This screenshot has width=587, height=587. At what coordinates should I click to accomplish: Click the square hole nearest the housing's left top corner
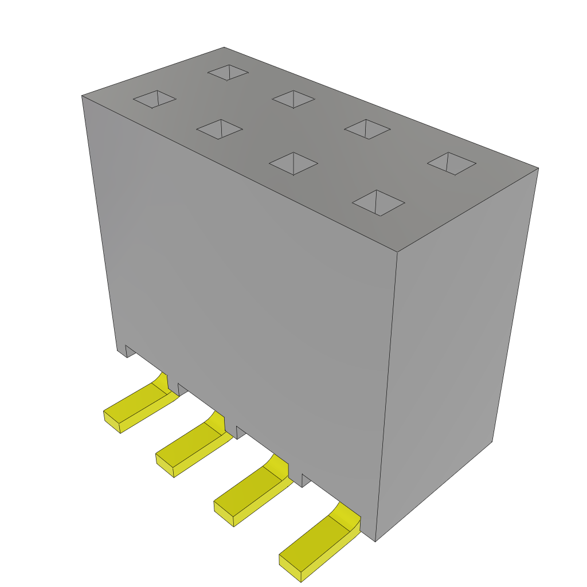155,99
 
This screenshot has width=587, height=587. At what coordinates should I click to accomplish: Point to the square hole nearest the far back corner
228,72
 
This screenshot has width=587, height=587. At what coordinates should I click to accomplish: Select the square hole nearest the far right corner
452,163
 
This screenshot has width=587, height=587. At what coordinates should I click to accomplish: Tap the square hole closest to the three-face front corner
378,203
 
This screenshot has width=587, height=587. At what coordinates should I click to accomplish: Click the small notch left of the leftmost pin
130,350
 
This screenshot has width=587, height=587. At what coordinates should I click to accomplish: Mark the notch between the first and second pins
182,389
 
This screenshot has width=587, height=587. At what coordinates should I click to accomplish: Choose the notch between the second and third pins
241,432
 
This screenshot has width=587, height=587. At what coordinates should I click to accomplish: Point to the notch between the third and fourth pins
306,480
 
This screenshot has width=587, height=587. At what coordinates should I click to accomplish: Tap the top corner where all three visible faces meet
397,252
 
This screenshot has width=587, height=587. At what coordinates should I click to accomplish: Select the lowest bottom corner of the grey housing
375,541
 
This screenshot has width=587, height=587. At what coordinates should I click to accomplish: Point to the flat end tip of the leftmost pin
112,420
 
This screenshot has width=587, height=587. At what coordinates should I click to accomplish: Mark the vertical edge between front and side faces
387,396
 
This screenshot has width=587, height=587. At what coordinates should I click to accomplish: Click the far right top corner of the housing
538,169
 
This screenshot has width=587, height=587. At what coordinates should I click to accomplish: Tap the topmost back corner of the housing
224,48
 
